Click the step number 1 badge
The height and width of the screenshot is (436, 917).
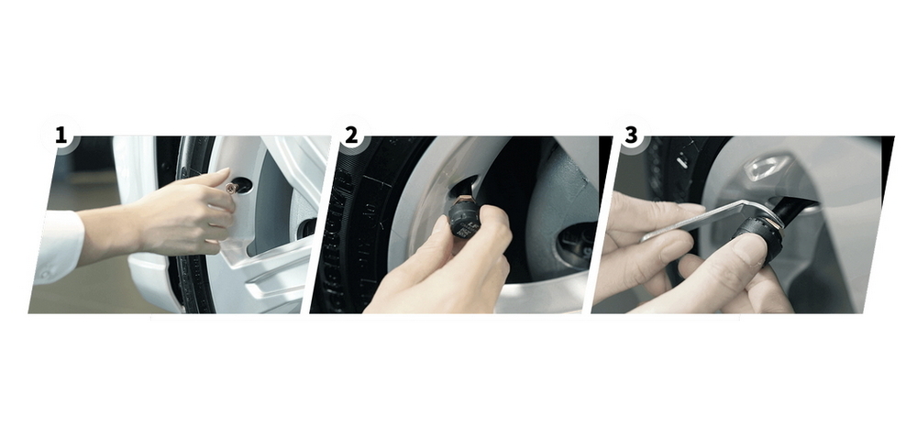pyautogui.click(x=61, y=136)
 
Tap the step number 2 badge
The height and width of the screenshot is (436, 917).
pyautogui.click(x=350, y=135)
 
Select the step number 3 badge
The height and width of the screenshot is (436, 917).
pyautogui.click(x=631, y=135)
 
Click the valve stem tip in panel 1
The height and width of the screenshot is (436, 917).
pyautogui.click(x=230, y=188)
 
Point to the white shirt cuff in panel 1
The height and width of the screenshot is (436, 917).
pyautogui.click(x=59, y=245)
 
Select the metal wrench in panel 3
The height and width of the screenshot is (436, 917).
pyautogui.click(x=711, y=220)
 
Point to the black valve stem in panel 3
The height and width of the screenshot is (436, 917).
pyautogui.click(x=791, y=209)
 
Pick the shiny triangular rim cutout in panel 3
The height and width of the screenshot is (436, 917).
pyautogui.click(x=765, y=167)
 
